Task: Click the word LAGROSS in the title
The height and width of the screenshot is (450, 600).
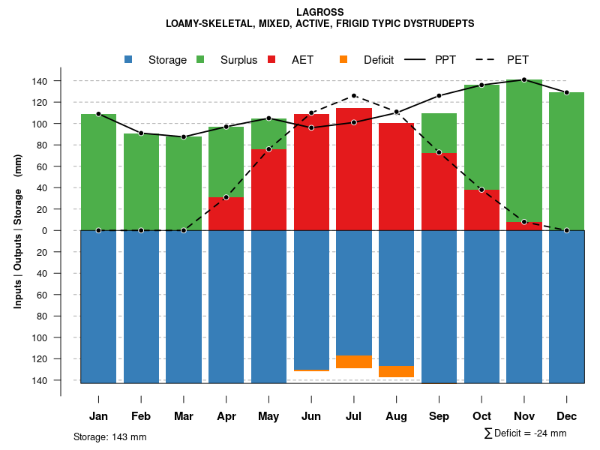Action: tap(319, 12)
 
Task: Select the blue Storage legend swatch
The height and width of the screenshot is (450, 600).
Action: tap(129, 59)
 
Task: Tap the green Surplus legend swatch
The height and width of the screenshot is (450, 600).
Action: tap(200, 59)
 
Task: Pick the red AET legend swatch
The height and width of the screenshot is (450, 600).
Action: tap(271, 59)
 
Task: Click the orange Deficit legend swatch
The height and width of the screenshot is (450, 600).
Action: tap(343, 59)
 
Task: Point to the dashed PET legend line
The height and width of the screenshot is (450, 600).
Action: tap(487, 59)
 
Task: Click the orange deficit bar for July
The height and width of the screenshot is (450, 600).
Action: tap(354, 361)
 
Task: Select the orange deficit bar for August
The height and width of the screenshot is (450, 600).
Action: tap(396, 371)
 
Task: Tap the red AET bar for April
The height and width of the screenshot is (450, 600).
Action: tap(226, 214)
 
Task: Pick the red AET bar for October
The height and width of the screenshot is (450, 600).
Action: tap(481, 210)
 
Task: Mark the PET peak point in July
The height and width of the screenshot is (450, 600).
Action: tap(354, 96)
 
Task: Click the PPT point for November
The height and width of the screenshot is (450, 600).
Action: tap(524, 79)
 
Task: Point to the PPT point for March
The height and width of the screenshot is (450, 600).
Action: tap(184, 137)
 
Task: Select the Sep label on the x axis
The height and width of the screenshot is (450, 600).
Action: tap(439, 416)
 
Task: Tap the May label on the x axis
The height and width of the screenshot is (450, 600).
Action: tap(268, 416)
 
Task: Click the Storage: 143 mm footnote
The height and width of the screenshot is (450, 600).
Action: tap(110, 436)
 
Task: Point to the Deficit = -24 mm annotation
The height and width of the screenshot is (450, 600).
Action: tap(525, 433)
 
